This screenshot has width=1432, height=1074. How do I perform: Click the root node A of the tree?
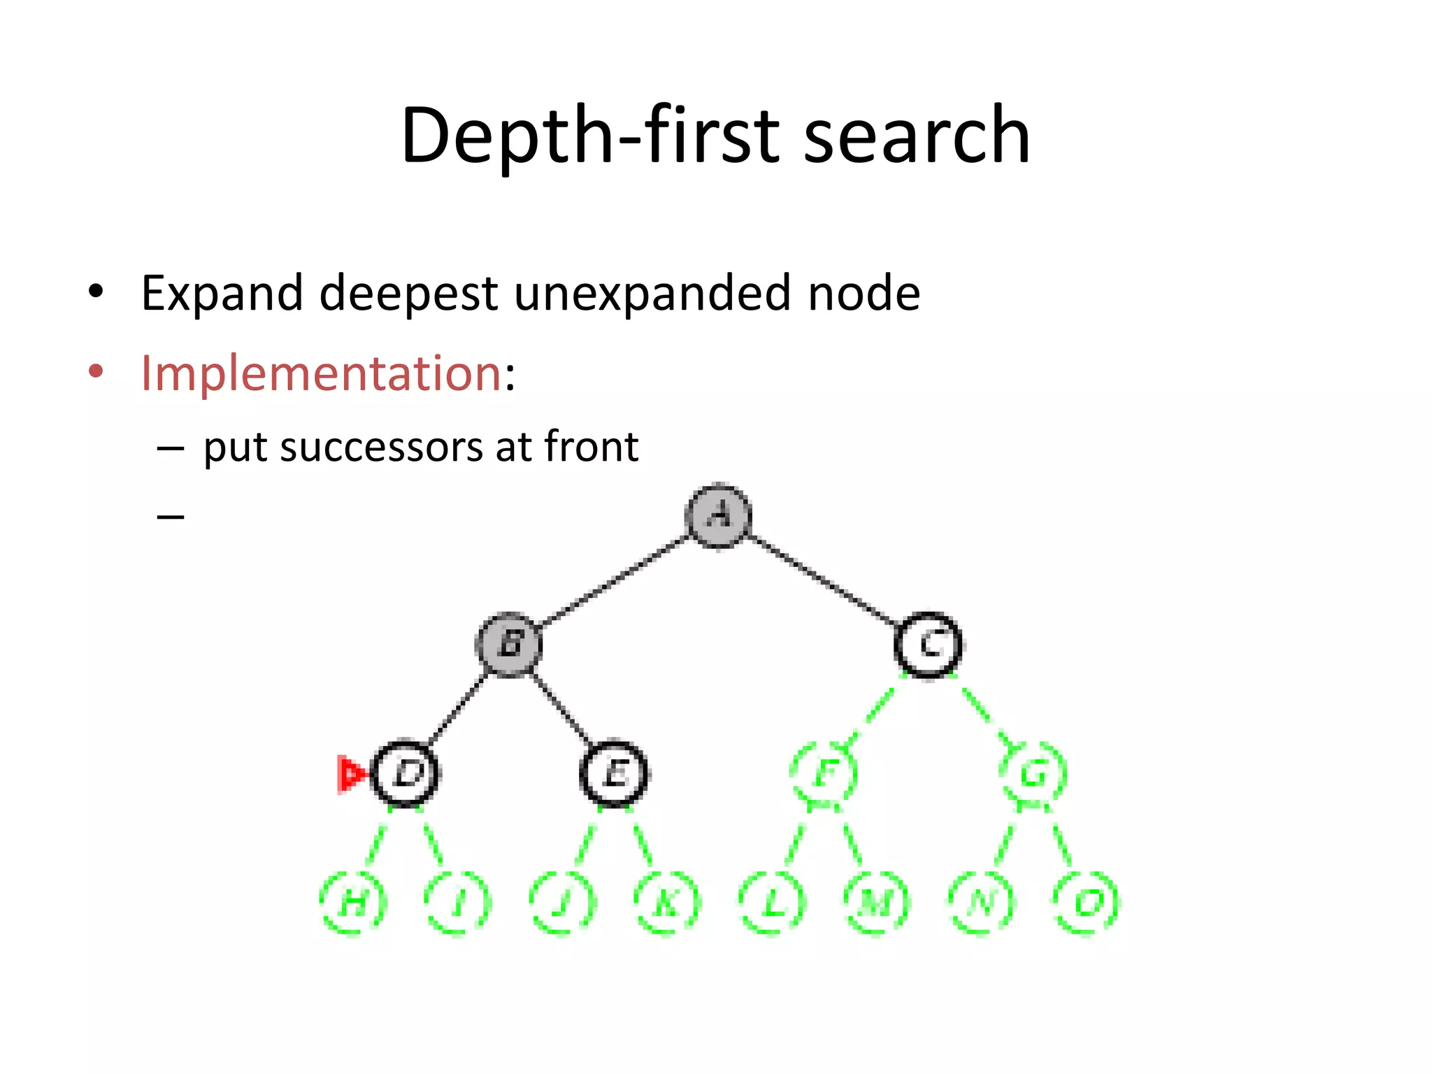(x=718, y=515)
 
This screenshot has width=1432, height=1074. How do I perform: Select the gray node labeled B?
(x=509, y=644)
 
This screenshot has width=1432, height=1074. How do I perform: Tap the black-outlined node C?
(x=929, y=644)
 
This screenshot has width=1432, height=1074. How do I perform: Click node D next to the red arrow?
(x=406, y=773)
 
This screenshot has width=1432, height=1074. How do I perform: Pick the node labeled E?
(x=614, y=773)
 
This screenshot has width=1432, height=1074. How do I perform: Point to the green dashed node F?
(x=824, y=773)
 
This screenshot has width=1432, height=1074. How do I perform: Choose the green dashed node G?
(x=1033, y=773)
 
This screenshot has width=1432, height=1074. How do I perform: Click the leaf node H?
(x=353, y=903)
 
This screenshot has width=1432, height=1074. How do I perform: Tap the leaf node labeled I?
(x=458, y=903)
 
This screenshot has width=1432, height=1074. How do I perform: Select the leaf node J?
(x=562, y=903)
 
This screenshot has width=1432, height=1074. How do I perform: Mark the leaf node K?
(x=666, y=903)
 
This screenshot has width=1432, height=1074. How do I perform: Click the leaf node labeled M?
(x=876, y=903)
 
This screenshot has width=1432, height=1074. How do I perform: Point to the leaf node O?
(x=1086, y=903)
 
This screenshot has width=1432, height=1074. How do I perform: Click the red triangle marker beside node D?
(x=349, y=774)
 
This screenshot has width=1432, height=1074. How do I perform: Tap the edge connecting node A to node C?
(x=824, y=580)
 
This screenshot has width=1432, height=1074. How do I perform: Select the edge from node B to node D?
(x=458, y=708)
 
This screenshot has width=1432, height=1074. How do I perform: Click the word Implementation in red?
(x=321, y=373)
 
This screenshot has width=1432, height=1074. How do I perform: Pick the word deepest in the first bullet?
(x=408, y=293)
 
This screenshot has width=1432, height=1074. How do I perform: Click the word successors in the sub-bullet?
(x=381, y=447)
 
